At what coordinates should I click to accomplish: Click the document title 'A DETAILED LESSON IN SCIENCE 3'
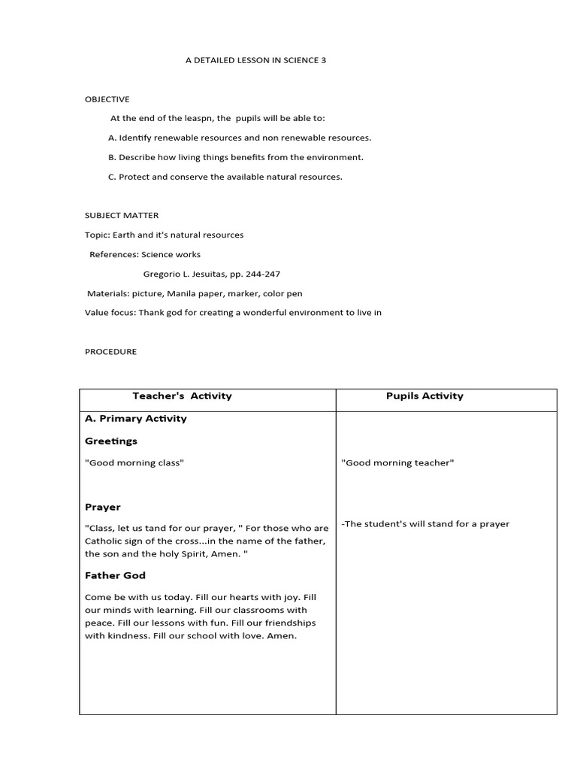[x=256, y=60]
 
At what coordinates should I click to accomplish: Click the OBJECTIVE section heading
[x=107, y=99]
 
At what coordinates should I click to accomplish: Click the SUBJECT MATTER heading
[x=122, y=216]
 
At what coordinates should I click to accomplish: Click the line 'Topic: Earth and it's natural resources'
[x=165, y=235]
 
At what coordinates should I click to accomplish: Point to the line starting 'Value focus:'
[x=234, y=312]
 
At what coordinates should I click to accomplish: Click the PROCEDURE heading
[x=110, y=351]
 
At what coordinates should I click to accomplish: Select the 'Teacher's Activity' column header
[x=183, y=396]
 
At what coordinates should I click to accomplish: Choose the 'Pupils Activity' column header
[x=424, y=396]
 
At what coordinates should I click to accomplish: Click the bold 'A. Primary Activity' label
[x=136, y=419]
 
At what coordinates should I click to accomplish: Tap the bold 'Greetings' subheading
[x=111, y=441]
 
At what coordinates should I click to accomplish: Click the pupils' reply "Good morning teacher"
[x=397, y=463]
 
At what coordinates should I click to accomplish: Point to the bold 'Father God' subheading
[x=115, y=575]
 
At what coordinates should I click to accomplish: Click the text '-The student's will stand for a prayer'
[x=425, y=524]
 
